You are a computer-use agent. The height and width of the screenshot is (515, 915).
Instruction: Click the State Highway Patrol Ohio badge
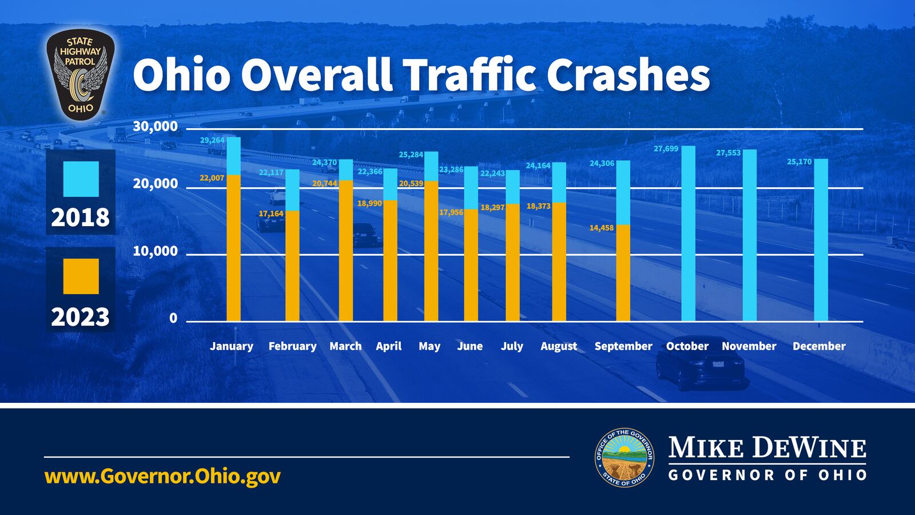click(x=80, y=75)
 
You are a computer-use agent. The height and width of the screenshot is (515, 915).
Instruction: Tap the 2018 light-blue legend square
click(x=81, y=179)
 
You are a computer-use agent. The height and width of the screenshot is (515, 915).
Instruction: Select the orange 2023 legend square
click(x=81, y=276)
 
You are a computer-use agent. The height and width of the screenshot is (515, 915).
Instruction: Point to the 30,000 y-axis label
click(x=155, y=126)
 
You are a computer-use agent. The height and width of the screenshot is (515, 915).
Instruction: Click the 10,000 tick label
click(x=155, y=252)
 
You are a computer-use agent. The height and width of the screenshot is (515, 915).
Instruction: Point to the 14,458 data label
click(x=601, y=228)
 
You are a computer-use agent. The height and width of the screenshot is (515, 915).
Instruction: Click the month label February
click(x=292, y=346)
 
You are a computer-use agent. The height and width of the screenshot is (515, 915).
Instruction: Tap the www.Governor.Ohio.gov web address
click(x=162, y=476)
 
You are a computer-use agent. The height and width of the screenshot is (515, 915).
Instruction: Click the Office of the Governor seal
click(x=624, y=458)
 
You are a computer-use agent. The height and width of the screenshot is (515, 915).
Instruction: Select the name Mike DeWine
click(x=767, y=447)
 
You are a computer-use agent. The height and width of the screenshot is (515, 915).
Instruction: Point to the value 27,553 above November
click(x=728, y=153)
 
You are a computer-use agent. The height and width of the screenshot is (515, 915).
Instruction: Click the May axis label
click(x=429, y=346)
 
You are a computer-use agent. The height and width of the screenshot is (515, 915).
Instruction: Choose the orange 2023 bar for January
click(x=234, y=248)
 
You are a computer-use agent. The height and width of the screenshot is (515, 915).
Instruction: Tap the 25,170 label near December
click(x=799, y=162)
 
